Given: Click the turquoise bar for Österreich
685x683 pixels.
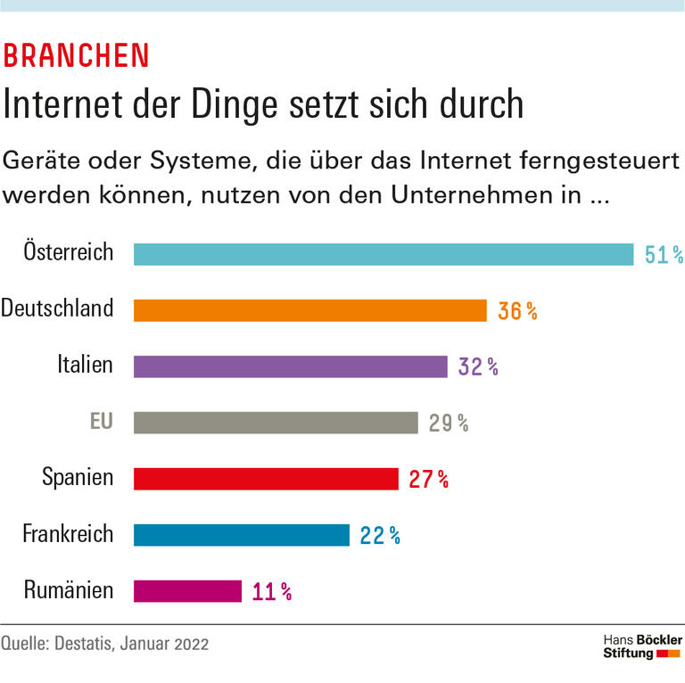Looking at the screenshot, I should pyautogui.click(x=384, y=254).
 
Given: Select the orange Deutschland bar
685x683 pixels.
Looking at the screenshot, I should pyautogui.click(x=309, y=310).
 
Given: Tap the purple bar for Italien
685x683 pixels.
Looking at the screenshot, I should pyautogui.click(x=290, y=366).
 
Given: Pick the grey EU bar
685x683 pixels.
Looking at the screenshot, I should pyautogui.click(x=276, y=423).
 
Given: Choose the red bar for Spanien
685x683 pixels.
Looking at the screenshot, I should pyautogui.click(x=266, y=479).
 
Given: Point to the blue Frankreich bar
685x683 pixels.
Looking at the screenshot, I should pyautogui.click(x=241, y=535).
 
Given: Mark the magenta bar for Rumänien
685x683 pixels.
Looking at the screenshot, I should pyautogui.click(x=187, y=591).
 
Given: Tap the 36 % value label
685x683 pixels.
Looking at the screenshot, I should pyautogui.click(x=517, y=311).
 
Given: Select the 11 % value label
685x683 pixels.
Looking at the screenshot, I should pyautogui.click(x=272, y=592).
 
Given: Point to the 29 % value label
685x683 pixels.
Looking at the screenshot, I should pyautogui.click(x=449, y=424).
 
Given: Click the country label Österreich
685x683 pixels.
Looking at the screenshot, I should pyautogui.click(x=69, y=251).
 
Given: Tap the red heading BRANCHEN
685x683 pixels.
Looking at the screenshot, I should pyautogui.click(x=77, y=55).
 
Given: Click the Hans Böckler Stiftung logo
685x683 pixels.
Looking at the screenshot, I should pyautogui.click(x=642, y=647).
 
